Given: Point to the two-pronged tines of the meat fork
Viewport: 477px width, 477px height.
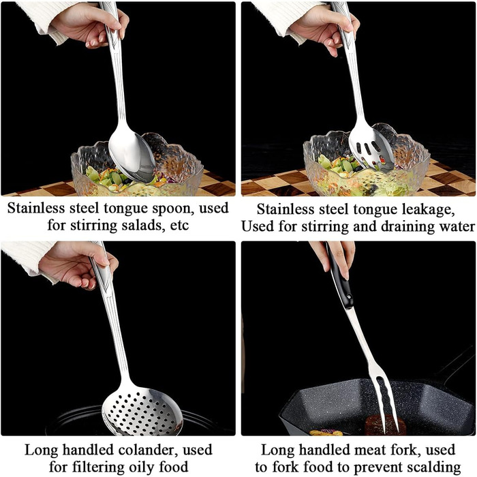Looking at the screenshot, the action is click(386, 401).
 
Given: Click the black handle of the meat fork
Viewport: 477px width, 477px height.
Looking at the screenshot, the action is click(340, 276).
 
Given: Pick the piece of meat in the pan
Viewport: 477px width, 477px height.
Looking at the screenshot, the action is click(385, 425).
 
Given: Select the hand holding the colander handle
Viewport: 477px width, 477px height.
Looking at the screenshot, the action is click(78, 264).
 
